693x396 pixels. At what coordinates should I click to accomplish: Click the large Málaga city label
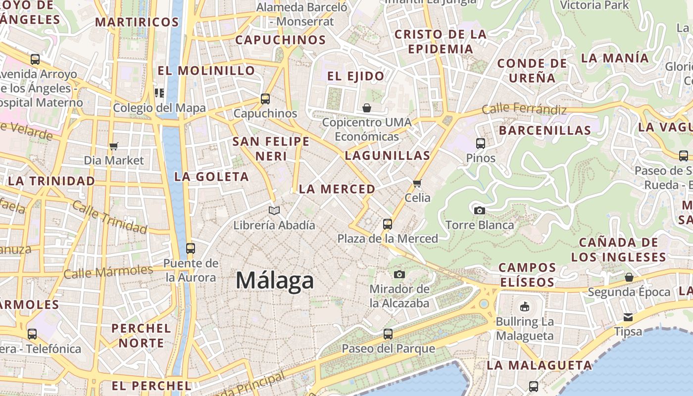(x=275, y=281)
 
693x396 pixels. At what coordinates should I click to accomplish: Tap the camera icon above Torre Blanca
(x=479, y=210)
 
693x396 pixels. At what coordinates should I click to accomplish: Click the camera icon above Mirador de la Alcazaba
(x=399, y=274)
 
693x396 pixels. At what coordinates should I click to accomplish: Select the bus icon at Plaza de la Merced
(x=388, y=224)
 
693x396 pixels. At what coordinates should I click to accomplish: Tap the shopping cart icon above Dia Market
(x=114, y=146)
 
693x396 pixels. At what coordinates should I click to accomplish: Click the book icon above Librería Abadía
(x=274, y=210)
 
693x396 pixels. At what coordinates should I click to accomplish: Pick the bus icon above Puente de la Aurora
(x=191, y=248)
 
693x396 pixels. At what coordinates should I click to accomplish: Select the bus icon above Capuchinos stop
(x=265, y=99)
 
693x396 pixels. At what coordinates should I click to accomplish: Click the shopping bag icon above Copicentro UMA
(x=367, y=108)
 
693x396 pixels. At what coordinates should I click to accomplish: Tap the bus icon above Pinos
(x=480, y=144)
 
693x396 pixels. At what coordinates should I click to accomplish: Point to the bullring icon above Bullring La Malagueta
(x=525, y=307)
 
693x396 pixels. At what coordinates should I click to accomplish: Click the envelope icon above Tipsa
(x=628, y=317)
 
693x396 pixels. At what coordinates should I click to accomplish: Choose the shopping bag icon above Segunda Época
(x=629, y=277)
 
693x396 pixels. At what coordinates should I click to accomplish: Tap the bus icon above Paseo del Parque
(x=388, y=334)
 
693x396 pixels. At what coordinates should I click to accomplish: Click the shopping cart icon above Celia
(x=417, y=184)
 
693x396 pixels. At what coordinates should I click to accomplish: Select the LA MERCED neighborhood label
(x=337, y=189)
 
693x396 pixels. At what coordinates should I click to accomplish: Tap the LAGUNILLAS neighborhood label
(x=388, y=155)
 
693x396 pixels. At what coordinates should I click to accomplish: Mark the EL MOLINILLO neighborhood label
(x=206, y=71)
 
